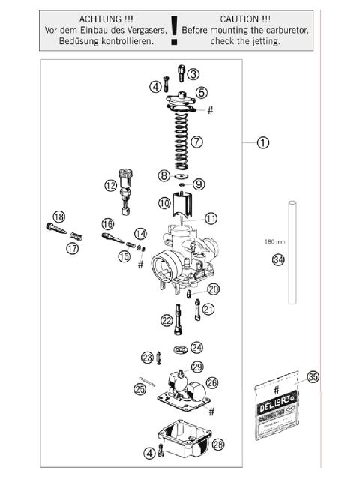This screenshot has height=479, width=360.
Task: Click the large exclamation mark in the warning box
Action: (175, 30)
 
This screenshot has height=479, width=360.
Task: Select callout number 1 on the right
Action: (263, 141)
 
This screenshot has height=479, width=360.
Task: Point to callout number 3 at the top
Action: (193, 73)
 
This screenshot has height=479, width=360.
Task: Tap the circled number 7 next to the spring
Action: (196, 141)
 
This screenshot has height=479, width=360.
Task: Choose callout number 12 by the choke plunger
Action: (111, 184)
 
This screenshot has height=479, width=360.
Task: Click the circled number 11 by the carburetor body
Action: (211, 218)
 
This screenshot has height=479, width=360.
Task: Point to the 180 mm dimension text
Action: (275, 242)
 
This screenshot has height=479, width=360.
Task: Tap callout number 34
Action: (278, 260)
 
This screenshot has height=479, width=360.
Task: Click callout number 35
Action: (313, 378)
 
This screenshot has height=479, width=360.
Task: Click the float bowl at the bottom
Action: (184, 442)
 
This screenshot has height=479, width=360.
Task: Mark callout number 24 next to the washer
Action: (196, 347)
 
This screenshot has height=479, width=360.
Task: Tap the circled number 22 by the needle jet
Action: (166, 320)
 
